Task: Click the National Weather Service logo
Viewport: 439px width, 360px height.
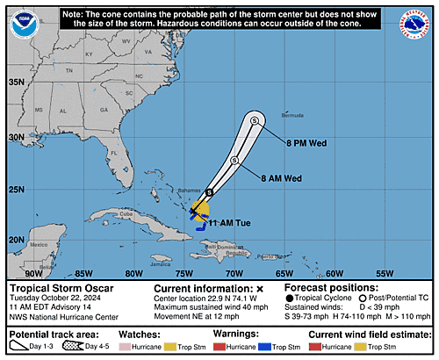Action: tap(413, 25)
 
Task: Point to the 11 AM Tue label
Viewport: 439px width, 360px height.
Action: tap(230, 223)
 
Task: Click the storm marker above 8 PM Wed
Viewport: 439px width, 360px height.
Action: tap(255, 121)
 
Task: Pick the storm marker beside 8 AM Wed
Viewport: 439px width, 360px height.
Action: tap(235, 161)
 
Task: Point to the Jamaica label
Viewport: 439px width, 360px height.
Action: tap(161, 262)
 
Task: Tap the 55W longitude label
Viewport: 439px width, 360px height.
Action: tap(385, 273)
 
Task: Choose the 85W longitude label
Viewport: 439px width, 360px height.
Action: tap(84, 273)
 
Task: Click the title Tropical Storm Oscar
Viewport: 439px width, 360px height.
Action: tap(60, 288)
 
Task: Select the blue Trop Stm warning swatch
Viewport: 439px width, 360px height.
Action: tap(297, 347)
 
